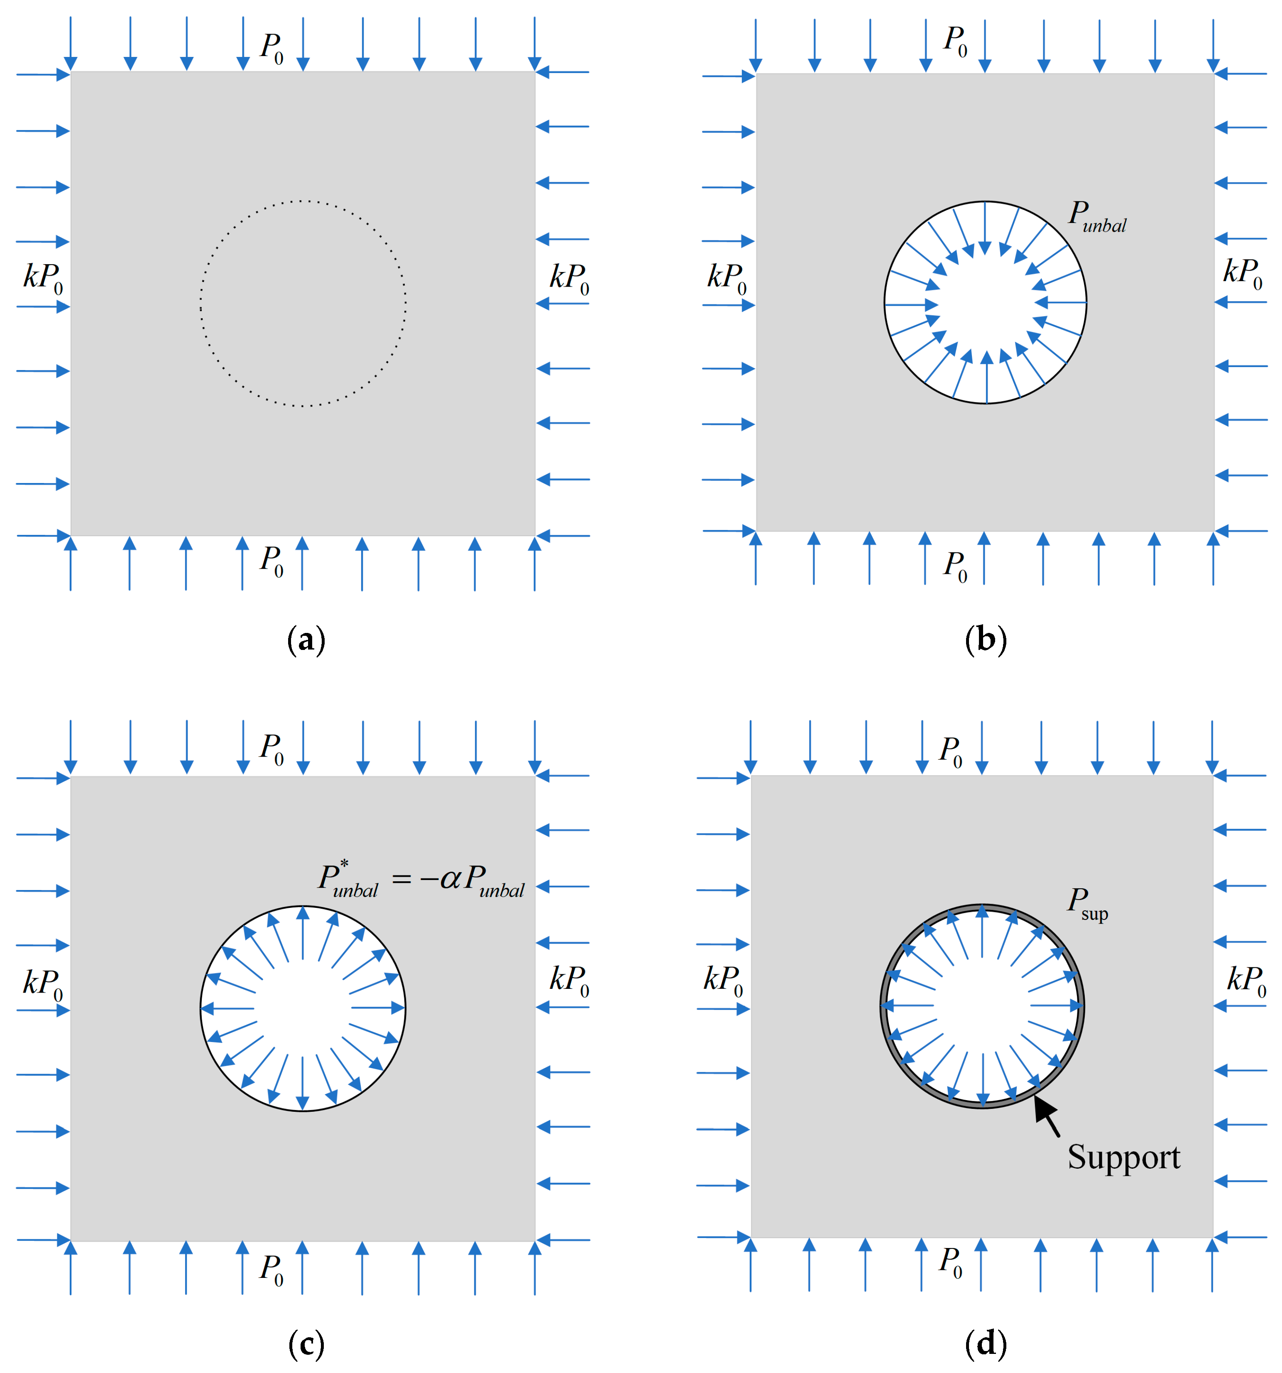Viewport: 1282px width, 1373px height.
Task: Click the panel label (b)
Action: click(x=985, y=640)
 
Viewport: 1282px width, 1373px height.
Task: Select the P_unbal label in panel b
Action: click(x=1097, y=216)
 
